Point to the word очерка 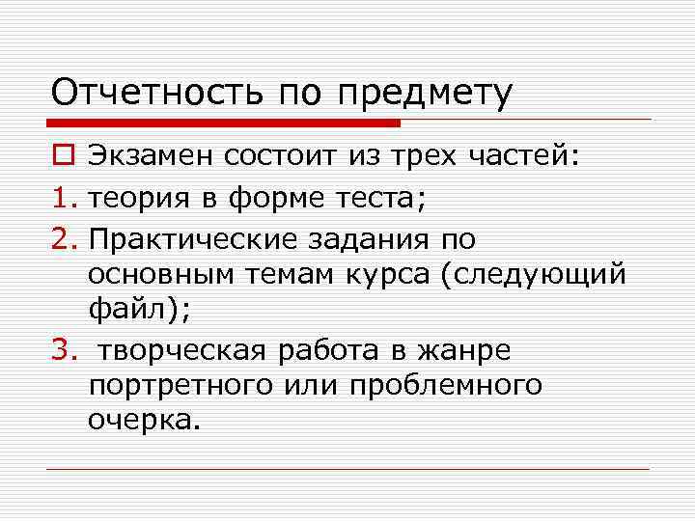pos(141,421)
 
